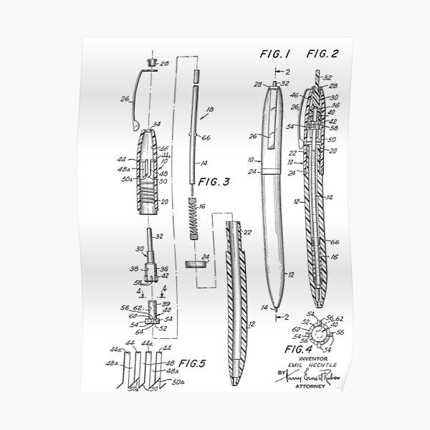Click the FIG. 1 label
274,53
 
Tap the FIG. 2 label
323,53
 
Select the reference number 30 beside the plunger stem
141,248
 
